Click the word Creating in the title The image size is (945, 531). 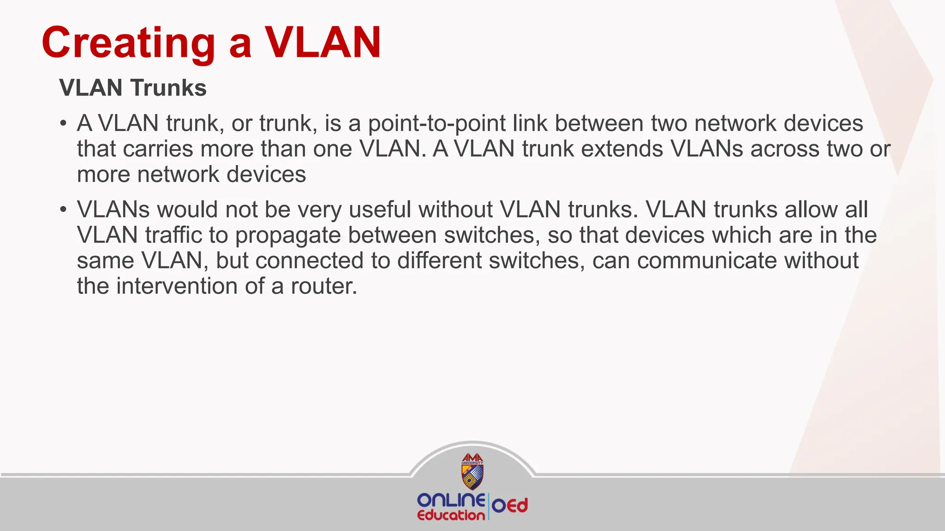128,43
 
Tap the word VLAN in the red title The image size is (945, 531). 323,43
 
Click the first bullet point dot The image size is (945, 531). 63,124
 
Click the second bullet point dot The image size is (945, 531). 63,210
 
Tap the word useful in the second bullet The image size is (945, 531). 380,210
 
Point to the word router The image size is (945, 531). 323,286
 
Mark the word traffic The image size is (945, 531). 173,235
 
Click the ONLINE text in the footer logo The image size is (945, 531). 450,500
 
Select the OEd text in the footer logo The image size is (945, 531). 509,506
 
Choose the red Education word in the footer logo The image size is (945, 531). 450,515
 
